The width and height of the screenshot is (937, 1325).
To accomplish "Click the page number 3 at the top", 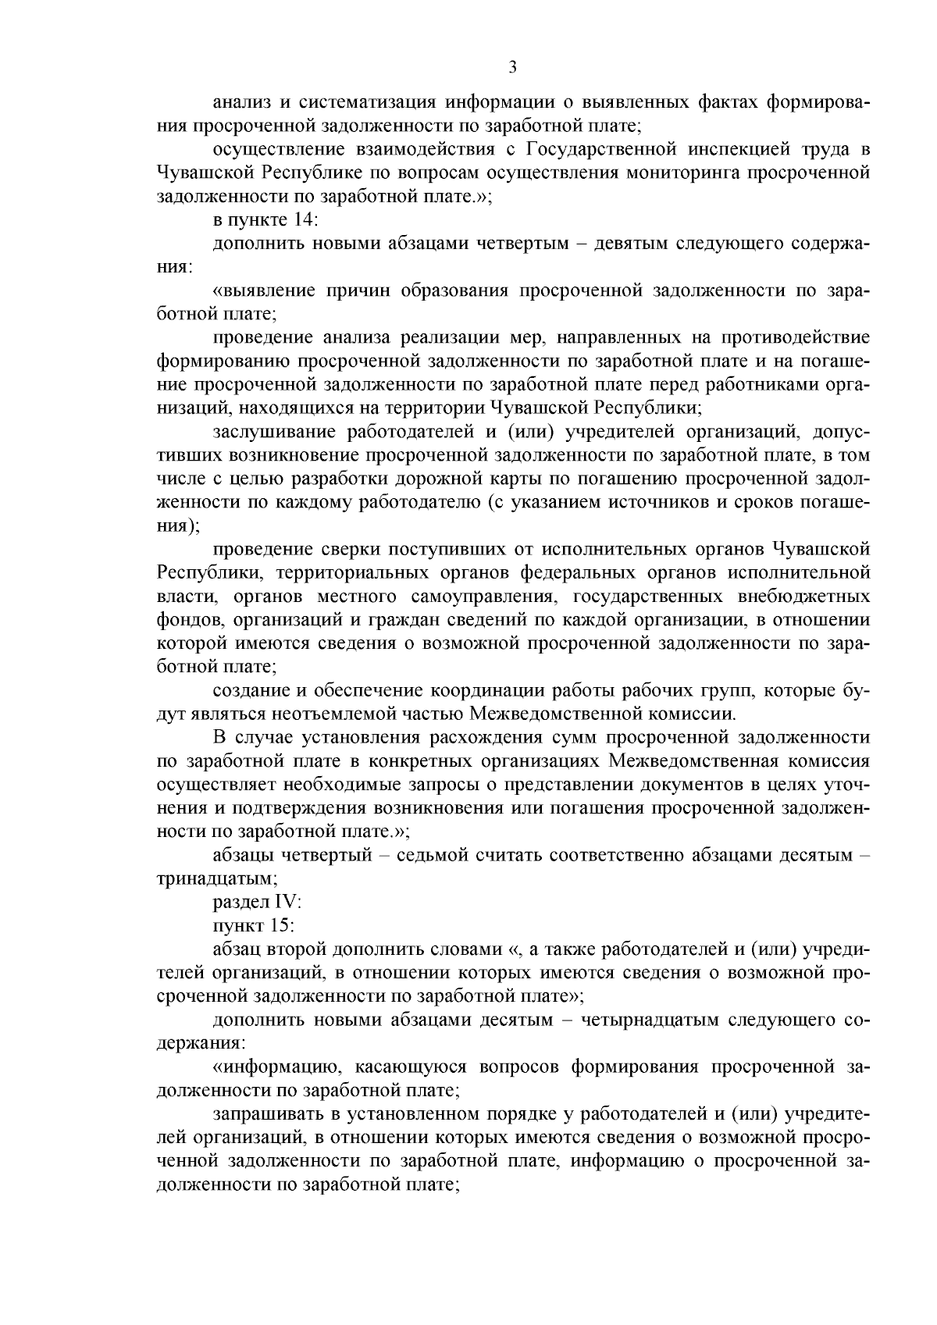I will click(512, 67).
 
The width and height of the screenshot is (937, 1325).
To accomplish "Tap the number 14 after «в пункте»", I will click(301, 220).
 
